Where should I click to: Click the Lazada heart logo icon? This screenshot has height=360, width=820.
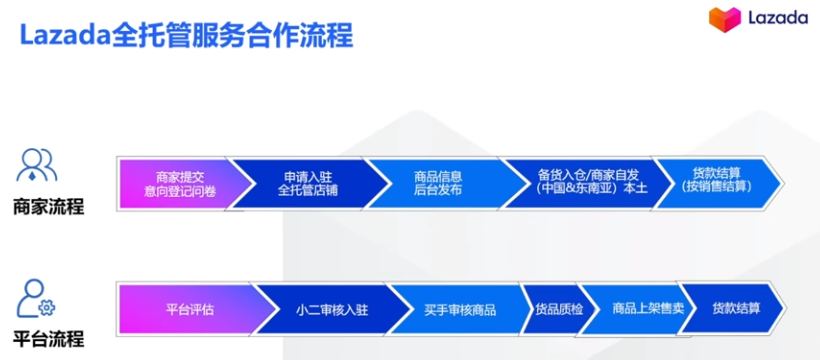click(x=722, y=19)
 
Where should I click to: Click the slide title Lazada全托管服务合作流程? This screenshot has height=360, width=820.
click(x=186, y=36)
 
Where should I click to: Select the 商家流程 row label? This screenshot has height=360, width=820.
click(x=48, y=207)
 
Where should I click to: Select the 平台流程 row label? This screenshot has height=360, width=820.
click(x=48, y=337)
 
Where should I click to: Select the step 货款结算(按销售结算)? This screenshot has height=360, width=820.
click(x=710, y=179)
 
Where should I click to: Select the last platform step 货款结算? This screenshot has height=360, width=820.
click(x=736, y=309)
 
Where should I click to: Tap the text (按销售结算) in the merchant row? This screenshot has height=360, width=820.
click(x=710, y=187)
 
